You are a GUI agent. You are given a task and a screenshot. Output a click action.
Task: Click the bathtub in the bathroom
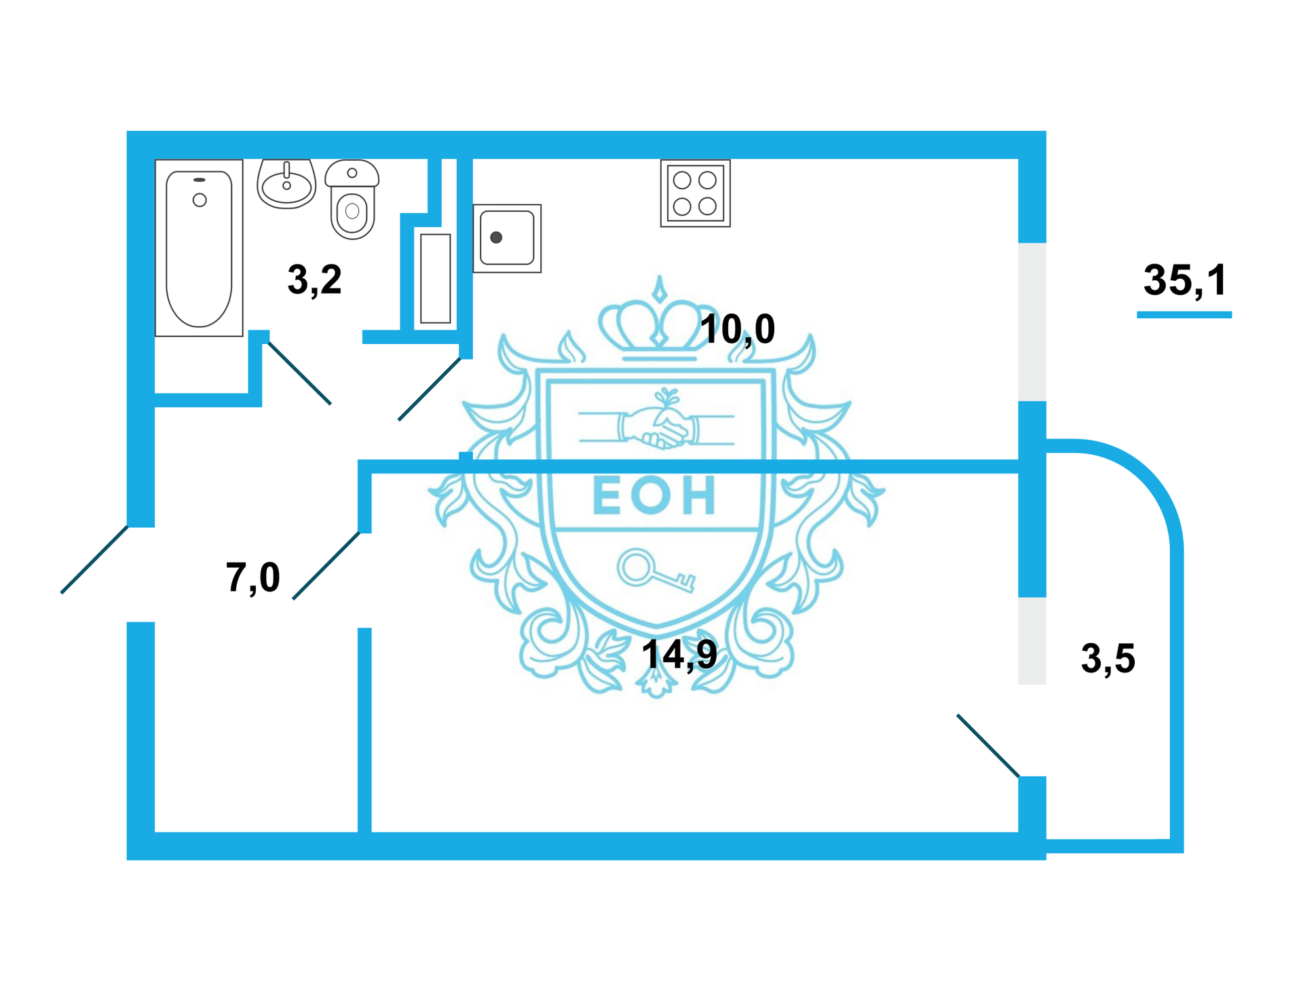[x=199, y=248]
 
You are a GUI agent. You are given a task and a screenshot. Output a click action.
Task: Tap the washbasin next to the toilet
[x=286, y=183]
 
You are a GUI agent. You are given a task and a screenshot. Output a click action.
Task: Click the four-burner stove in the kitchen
[x=695, y=193]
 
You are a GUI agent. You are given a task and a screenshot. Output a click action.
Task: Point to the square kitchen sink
[x=507, y=238]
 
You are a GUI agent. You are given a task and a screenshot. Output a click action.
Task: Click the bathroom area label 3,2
[x=314, y=280]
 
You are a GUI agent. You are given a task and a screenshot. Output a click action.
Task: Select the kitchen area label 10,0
[x=737, y=329]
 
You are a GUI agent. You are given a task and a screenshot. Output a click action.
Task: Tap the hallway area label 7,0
[x=252, y=577]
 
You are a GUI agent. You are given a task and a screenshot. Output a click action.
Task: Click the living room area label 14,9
[x=679, y=655]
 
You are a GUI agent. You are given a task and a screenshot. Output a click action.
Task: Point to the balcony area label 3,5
[x=1108, y=658]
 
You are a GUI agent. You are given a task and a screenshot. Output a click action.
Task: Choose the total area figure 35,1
[x=1185, y=280]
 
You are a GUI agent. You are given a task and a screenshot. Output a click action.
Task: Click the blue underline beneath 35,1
[x=1184, y=315]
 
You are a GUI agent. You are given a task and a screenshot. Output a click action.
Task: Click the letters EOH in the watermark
[x=654, y=495]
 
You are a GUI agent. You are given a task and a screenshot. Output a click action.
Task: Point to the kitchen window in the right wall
[x=1032, y=322]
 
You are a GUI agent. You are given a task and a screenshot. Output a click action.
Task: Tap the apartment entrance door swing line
[x=94, y=560]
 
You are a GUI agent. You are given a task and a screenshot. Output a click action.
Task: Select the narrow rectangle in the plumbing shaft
[x=435, y=278]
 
